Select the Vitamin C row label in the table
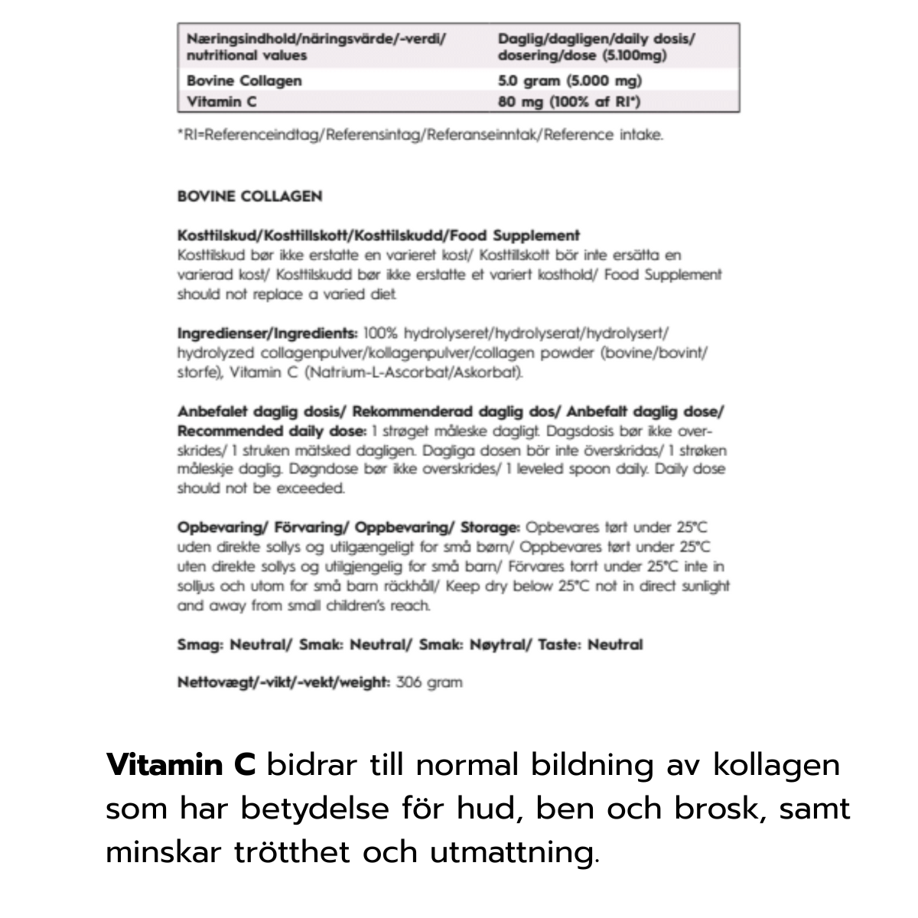[x=215, y=101]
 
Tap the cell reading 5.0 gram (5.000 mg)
[x=570, y=80]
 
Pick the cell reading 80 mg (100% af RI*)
[x=569, y=101]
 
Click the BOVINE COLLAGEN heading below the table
[x=249, y=196]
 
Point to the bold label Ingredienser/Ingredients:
[x=267, y=334]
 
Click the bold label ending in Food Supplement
[x=378, y=236]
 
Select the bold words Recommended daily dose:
[x=272, y=431]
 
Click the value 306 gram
[x=429, y=682]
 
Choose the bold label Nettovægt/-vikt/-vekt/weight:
[x=284, y=682]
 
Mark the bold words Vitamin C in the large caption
[x=181, y=764]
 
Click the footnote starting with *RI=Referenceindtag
[x=420, y=135]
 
